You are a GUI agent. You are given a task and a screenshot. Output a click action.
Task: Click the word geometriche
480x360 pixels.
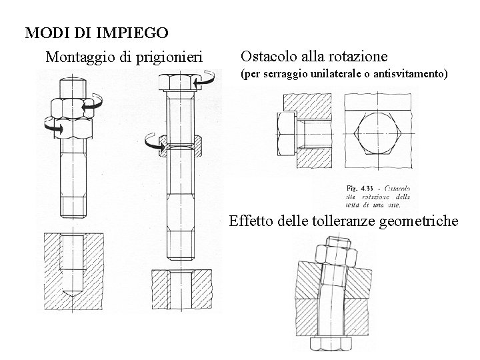click(x=420, y=220)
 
